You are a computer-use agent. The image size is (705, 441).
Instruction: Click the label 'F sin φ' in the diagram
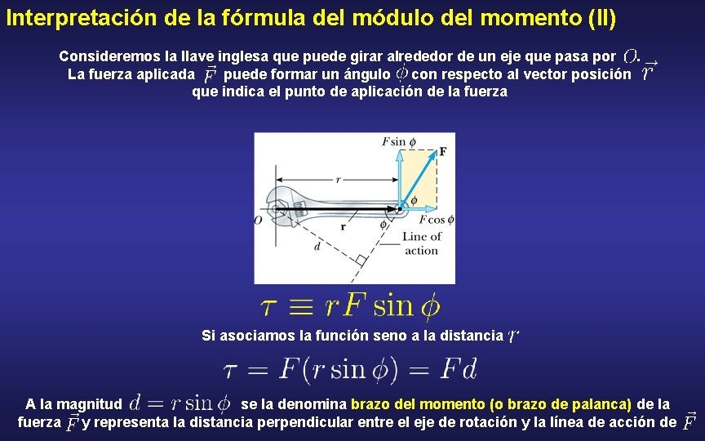(398, 141)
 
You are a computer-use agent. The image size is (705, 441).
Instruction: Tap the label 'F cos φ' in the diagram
(437, 220)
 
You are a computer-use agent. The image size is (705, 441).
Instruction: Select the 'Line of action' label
(421, 243)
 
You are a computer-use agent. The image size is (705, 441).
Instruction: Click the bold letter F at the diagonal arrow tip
(443, 151)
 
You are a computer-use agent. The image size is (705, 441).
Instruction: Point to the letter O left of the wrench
(259, 220)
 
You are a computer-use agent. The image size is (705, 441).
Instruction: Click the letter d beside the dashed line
(317, 246)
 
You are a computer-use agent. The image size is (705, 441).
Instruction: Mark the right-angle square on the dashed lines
(360, 259)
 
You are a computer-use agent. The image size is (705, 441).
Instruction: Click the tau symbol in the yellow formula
(270, 307)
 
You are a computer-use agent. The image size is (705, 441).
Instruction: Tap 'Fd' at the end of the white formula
(459, 369)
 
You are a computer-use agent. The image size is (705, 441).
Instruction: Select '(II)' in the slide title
(601, 17)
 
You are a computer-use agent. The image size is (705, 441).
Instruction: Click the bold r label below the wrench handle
(343, 227)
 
